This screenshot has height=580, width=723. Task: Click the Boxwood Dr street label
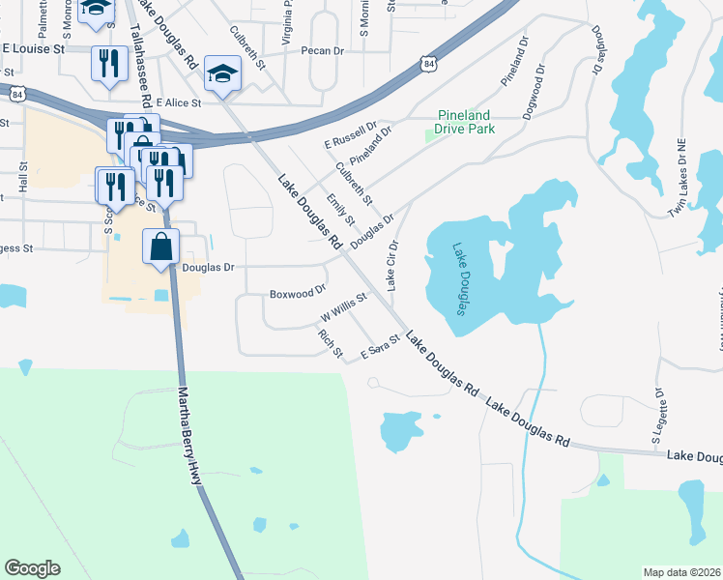coord(298,291)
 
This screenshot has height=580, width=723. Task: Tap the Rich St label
coord(331,343)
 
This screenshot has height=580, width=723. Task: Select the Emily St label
coord(341,212)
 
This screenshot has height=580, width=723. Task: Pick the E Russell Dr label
coord(351,135)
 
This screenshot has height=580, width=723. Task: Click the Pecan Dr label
coord(322,50)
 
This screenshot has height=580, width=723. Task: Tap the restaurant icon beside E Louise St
coord(107,64)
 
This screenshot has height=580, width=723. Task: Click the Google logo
coord(32,568)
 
